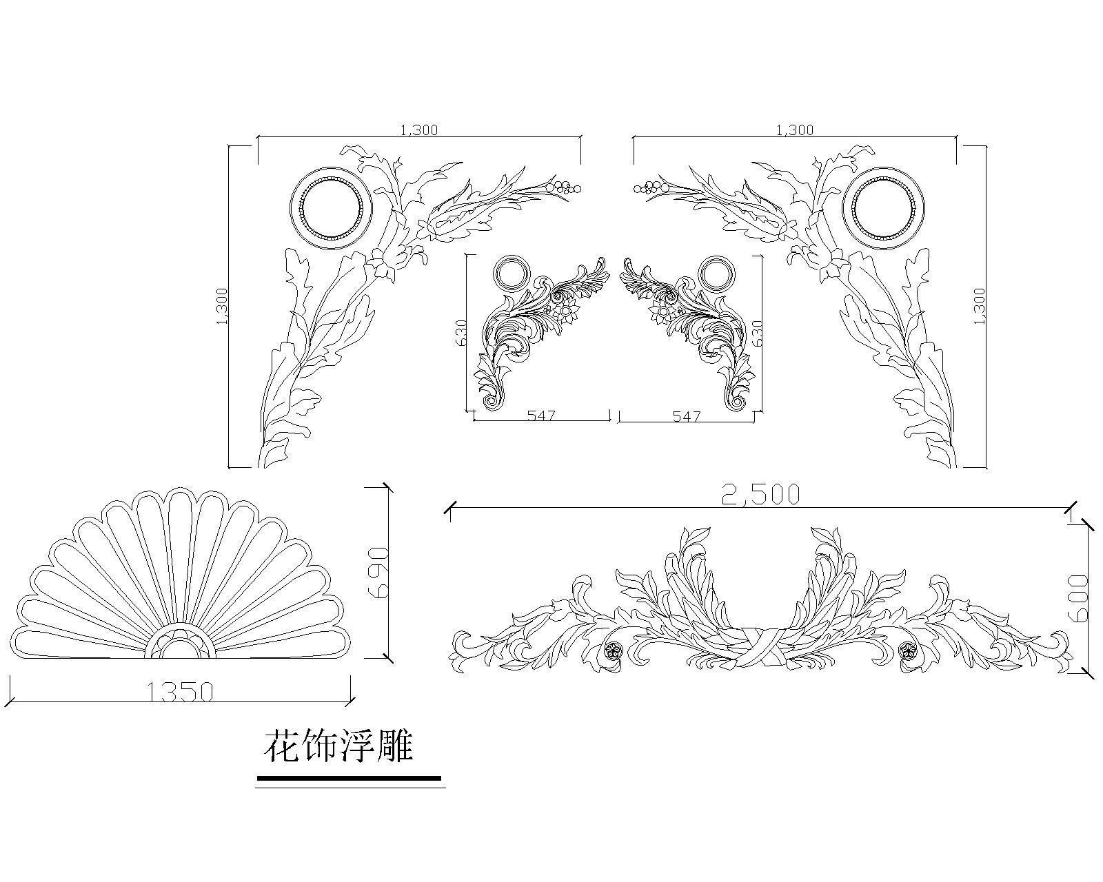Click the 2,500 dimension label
[760, 495]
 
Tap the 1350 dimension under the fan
[180, 692]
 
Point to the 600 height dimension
[1078, 599]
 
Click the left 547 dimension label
[541, 416]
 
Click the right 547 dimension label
[687, 416]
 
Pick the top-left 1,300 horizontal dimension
[419, 130]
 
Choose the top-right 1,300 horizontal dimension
[795, 130]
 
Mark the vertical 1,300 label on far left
[222, 307]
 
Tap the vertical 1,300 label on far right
[980, 307]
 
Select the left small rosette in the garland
[612, 650]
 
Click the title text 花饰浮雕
[338, 747]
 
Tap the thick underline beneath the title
[349, 778]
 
